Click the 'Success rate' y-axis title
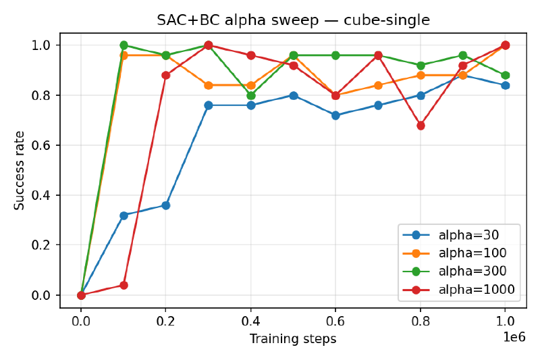[x=20, y=170]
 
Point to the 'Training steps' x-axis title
[x=293, y=339]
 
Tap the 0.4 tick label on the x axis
[x=250, y=321]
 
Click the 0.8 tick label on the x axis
[x=421, y=321]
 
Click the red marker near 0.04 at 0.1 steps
[x=124, y=285]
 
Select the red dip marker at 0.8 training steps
[x=421, y=126]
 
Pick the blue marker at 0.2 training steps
[x=166, y=205]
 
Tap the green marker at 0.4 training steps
[x=251, y=95]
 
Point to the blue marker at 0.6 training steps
[x=335, y=115]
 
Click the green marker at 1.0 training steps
[x=505, y=75]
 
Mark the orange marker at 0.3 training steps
[x=209, y=85]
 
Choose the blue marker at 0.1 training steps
[x=124, y=215]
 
